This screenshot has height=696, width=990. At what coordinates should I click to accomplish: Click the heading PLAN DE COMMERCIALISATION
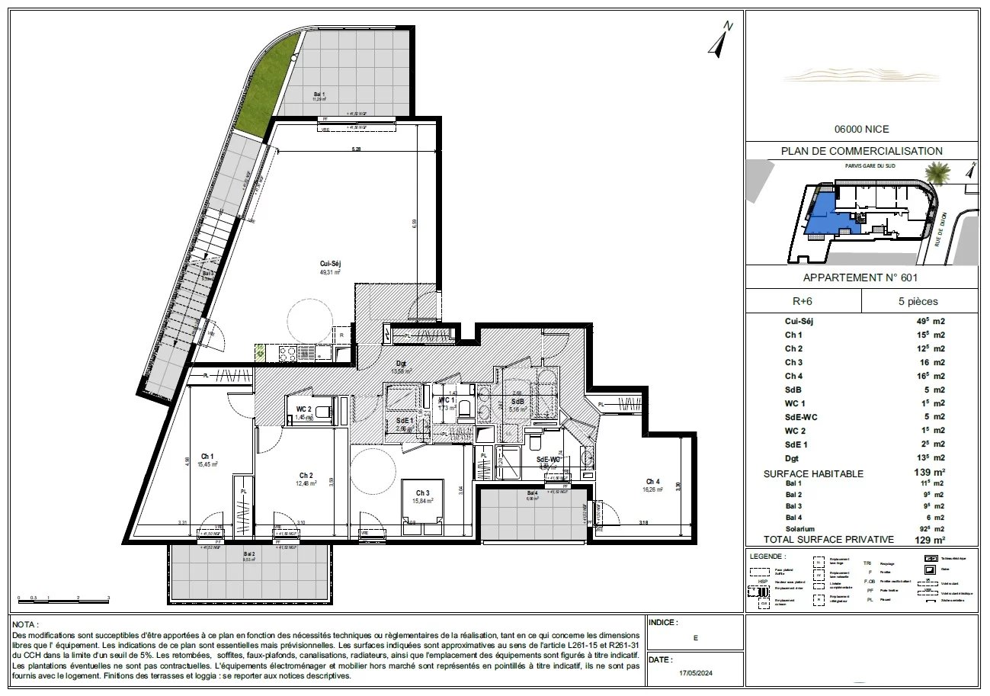pyautogui.click(x=861, y=151)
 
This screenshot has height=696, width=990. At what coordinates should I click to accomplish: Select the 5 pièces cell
pyautogui.click(x=919, y=301)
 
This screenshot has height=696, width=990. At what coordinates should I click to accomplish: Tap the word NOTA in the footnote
pyautogui.click(x=25, y=624)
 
